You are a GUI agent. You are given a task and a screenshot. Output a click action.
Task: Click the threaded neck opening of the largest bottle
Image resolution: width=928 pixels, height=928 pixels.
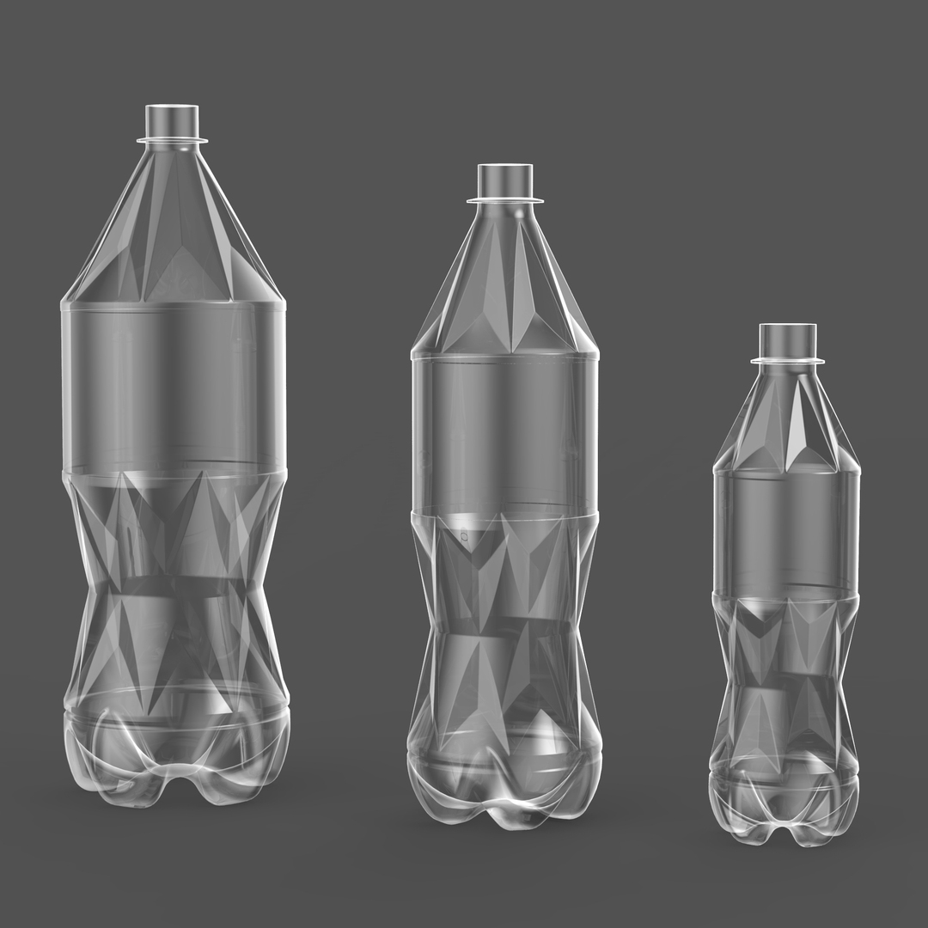(x=172, y=119)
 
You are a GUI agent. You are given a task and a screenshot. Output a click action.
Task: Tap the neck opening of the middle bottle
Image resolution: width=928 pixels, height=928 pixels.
(x=505, y=179)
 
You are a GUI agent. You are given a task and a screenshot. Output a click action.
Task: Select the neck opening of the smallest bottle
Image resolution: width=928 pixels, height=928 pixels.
(x=787, y=339)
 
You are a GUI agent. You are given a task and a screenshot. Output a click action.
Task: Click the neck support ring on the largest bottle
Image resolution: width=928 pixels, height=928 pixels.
(x=172, y=139)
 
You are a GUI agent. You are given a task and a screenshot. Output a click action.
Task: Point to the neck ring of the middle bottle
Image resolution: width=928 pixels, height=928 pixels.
(x=505, y=200)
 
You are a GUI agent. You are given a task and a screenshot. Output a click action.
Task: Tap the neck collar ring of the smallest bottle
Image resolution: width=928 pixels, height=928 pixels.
(x=787, y=360)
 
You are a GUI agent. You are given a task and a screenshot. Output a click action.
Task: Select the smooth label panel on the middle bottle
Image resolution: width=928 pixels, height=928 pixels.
(x=505, y=434)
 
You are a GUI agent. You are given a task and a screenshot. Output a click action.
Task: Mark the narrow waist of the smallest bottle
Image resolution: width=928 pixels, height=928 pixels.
(x=785, y=679)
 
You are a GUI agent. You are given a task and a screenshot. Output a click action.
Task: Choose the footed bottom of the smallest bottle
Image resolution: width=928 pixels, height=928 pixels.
(x=784, y=803)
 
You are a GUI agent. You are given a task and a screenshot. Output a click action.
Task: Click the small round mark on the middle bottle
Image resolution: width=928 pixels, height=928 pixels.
(x=464, y=537)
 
